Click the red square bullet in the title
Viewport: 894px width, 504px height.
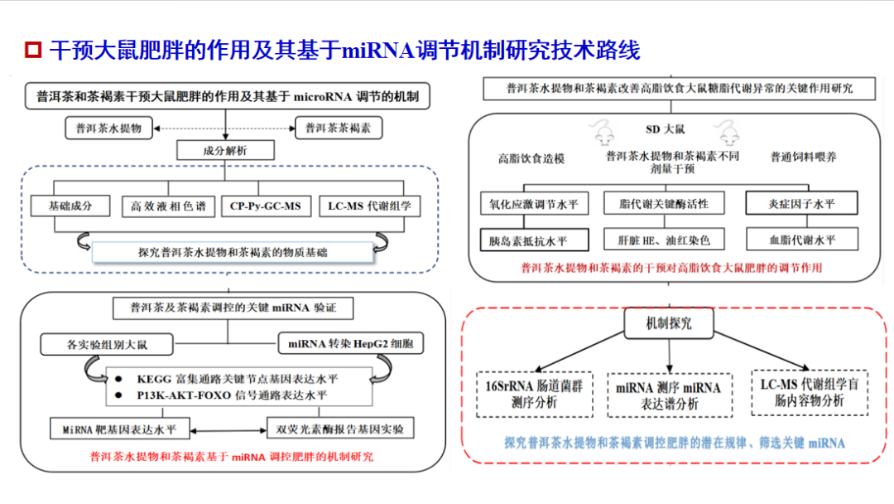pos(33,50)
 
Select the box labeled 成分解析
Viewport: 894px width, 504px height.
pos(225,151)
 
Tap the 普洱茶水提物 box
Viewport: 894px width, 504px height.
pos(109,128)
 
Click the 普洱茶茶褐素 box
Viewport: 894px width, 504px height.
pos(338,128)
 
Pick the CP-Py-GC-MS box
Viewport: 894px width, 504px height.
pos(266,206)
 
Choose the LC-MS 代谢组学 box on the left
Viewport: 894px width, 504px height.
pos(369,206)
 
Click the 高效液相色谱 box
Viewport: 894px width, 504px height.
pos(168,206)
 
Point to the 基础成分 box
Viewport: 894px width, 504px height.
pos(70,206)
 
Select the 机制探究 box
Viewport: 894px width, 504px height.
pos(669,323)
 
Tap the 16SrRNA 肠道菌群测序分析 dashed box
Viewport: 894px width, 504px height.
pos(534,394)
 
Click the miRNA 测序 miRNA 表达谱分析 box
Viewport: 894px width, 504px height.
pos(670,395)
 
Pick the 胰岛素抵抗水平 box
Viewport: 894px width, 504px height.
pos(534,240)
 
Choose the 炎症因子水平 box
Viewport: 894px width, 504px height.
pos(801,203)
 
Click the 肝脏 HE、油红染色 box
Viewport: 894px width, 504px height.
pos(664,240)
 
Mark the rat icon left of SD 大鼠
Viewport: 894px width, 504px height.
pos(603,132)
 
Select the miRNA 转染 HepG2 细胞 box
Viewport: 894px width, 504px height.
pos(351,344)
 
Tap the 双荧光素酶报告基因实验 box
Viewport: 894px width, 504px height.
pos(340,429)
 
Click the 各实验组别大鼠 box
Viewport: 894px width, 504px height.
pos(107,344)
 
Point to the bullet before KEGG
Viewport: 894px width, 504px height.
pos(118,379)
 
